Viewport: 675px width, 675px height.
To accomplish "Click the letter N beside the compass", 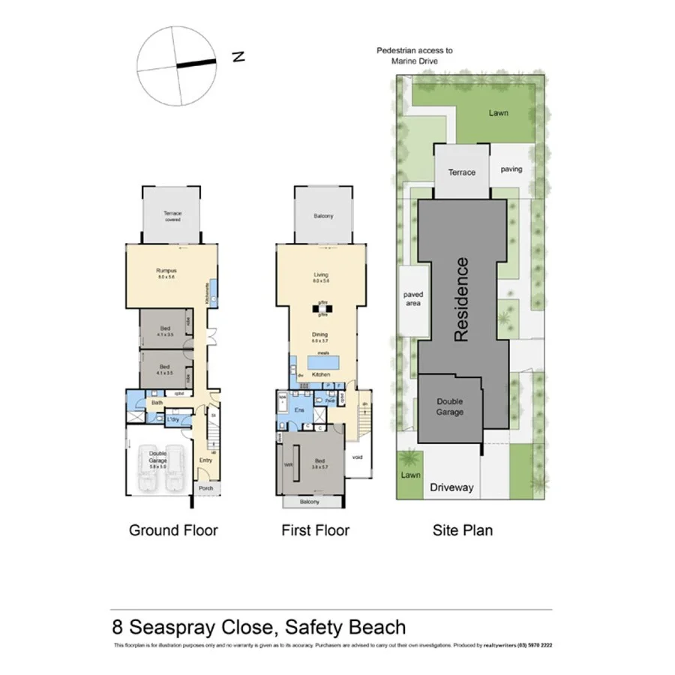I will click(238, 57).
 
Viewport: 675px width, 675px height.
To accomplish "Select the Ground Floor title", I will click(173, 531).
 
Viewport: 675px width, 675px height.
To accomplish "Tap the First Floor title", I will click(315, 531).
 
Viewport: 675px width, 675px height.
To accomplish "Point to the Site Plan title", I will click(463, 531).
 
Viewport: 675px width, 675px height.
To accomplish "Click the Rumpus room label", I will click(166, 271).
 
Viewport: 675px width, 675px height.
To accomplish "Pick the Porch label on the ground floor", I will click(205, 488).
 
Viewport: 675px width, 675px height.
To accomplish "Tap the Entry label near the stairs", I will click(205, 460).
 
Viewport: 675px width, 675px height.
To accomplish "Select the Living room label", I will click(321, 275).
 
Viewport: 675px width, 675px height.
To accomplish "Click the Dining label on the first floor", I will click(320, 334).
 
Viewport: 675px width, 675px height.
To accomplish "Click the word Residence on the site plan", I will click(461, 299).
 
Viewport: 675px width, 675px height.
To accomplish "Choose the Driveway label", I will click(451, 487).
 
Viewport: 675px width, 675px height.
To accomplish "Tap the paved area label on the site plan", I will click(412, 298).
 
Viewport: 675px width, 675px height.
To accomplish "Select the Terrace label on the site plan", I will click(462, 172).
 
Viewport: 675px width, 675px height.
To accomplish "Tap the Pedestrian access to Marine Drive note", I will click(414, 55).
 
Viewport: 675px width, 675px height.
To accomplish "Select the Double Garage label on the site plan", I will click(450, 406).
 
